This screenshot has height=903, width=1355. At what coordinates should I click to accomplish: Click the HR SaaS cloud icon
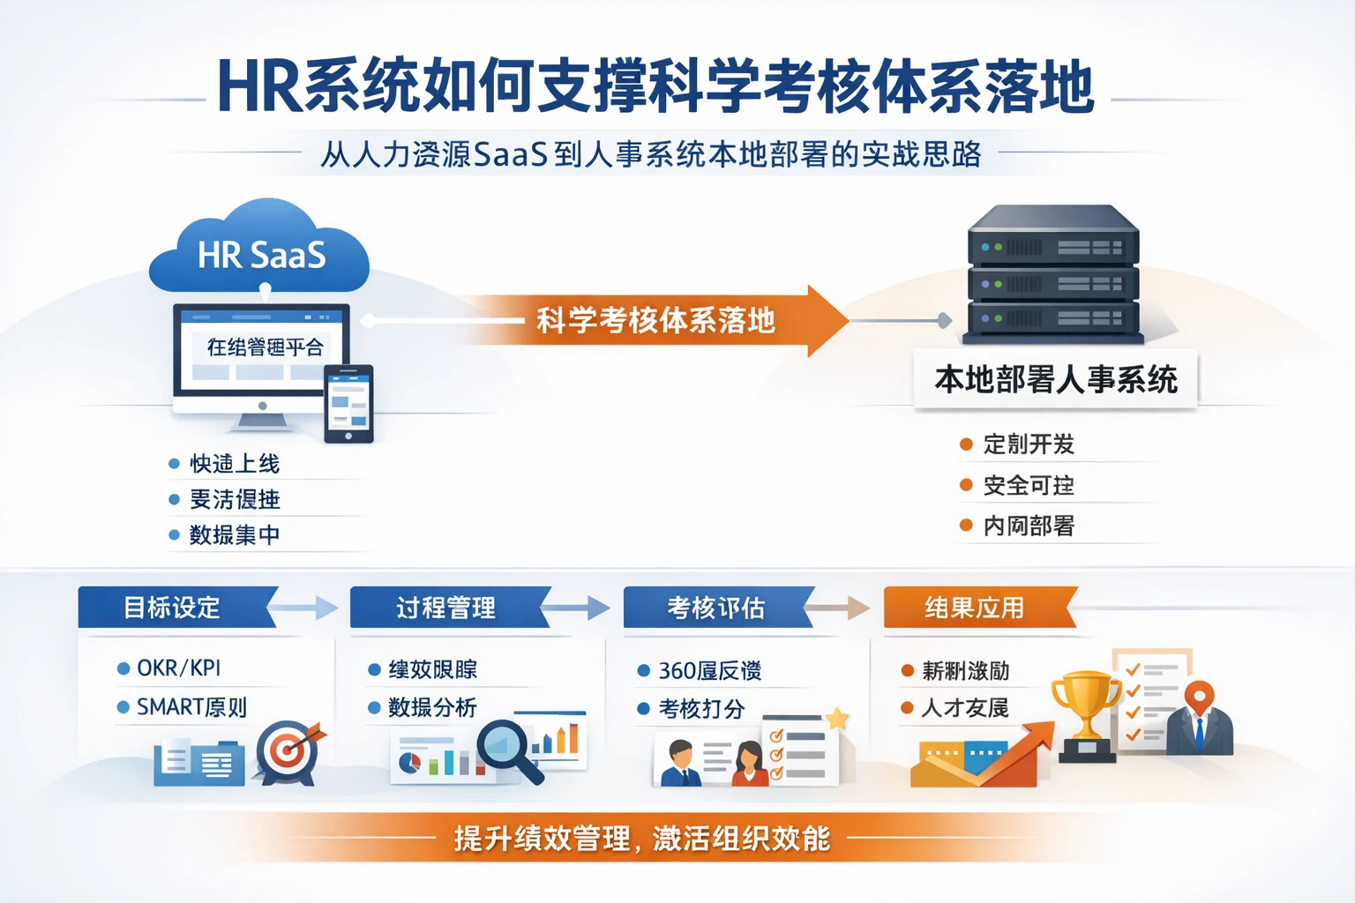point(259,251)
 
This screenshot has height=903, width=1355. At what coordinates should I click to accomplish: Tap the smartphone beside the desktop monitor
point(348,404)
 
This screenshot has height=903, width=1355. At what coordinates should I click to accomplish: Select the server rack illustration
point(1053,275)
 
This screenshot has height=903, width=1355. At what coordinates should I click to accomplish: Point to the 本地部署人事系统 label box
point(1055,380)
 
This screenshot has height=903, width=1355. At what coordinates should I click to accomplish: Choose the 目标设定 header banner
point(173,608)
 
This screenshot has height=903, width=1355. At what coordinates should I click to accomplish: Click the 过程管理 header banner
point(446,608)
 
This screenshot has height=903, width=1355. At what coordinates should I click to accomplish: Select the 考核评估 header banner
point(716,608)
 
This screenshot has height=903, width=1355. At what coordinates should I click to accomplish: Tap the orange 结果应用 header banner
point(976,608)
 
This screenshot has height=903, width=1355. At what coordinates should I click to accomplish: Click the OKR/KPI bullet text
point(179,668)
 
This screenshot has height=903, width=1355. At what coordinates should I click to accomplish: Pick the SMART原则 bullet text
point(191,707)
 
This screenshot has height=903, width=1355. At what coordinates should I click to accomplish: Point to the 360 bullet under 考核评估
point(709,671)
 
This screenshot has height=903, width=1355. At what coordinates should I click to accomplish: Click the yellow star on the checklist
point(836,719)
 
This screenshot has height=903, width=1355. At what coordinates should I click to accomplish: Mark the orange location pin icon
point(1198,698)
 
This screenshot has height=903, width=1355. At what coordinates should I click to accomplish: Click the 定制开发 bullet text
point(1029,444)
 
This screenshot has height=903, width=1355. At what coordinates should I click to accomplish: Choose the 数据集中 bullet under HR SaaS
point(235,535)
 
